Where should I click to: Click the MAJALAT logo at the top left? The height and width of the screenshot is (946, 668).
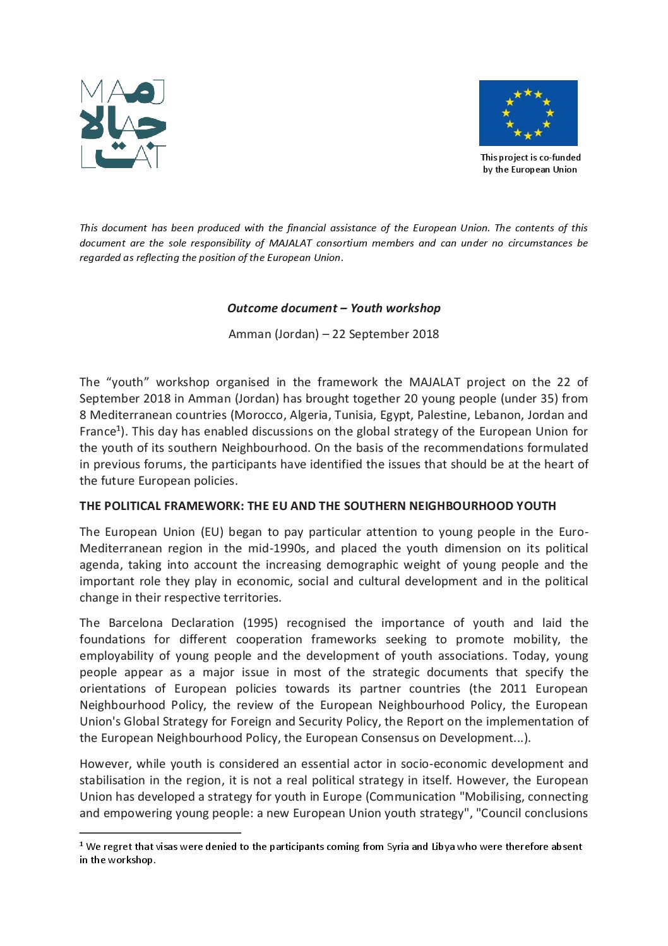(x=123, y=124)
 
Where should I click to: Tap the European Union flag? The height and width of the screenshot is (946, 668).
(x=528, y=113)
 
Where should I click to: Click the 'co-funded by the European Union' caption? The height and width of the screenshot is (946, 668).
(x=530, y=164)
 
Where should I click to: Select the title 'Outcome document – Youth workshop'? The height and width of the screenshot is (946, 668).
(x=333, y=308)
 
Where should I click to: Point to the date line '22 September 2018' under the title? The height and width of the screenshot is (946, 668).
(x=333, y=334)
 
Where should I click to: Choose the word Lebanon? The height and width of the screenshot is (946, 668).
(x=507, y=415)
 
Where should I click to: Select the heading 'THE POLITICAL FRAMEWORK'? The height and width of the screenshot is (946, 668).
(x=318, y=506)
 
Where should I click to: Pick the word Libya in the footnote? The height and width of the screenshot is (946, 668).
(x=443, y=847)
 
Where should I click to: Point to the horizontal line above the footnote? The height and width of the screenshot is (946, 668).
(x=160, y=834)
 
